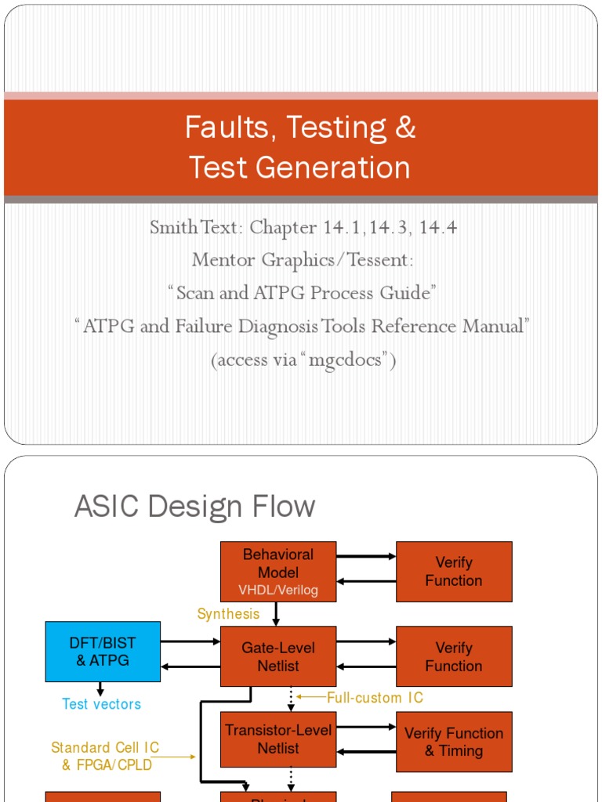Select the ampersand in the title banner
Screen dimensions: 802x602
point(405,128)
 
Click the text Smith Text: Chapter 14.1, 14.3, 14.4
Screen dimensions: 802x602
point(303,228)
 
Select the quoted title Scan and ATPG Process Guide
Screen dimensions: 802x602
point(302,292)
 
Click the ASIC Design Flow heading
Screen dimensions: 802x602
point(194,507)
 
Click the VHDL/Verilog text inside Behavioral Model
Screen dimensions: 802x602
point(278,590)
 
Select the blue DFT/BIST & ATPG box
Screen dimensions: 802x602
point(103,651)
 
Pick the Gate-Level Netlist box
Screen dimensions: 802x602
point(278,656)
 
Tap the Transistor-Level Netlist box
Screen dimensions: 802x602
point(278,739)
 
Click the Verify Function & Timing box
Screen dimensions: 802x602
point(454,742)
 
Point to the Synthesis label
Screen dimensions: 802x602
point(227,614)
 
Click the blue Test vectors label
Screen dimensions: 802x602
point(102,704)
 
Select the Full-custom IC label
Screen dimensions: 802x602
point(375,697)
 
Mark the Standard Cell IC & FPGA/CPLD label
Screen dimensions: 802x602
point(106,756)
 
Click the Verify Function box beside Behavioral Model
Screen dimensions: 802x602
point(454,572)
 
